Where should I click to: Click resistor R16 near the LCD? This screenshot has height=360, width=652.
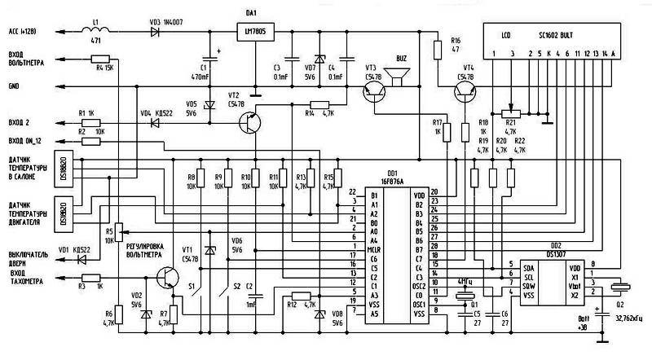438,45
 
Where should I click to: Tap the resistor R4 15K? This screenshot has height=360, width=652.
100,59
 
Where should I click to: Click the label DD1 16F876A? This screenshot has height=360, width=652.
394,178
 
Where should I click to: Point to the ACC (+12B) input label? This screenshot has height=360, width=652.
24,33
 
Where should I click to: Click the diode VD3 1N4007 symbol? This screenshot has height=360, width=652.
156,33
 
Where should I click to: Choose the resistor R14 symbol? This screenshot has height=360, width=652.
319,104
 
